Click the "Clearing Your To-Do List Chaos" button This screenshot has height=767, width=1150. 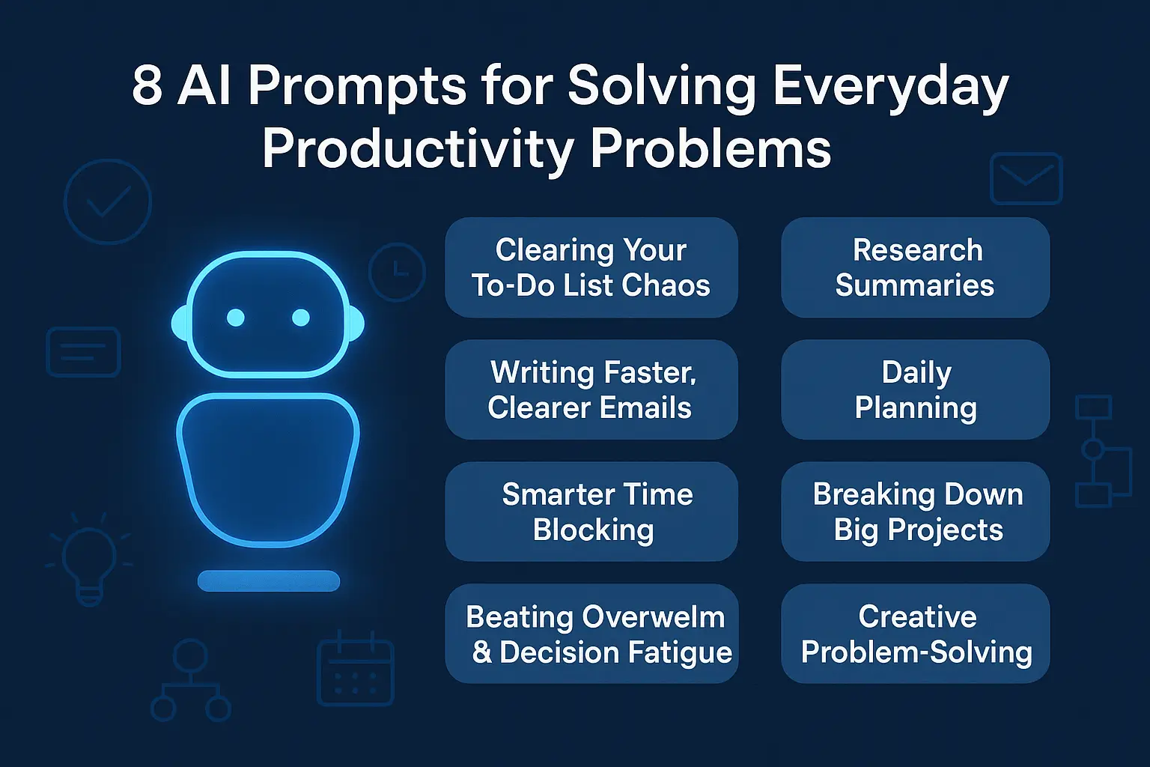(x=591, y=267)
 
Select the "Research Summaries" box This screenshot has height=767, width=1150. (x=915, y=267)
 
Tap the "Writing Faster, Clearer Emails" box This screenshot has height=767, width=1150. (x=591, y=389)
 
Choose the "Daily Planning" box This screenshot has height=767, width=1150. (x=915, y=389)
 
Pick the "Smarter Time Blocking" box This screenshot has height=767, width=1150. (x=591, y=512)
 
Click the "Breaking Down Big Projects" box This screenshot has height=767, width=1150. (x=915, y=512)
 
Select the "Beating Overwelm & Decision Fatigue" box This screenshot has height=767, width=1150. (x=591, y=634)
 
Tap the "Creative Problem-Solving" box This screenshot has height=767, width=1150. (x=915, y=634)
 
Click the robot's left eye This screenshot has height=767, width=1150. (x=236, y=318)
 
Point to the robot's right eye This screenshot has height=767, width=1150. (x=301, y=318)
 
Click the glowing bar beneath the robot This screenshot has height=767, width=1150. (x=268, y=580)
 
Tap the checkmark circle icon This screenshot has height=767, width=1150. (x=108, y=201)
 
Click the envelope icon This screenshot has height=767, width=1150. (x=1026, y=179)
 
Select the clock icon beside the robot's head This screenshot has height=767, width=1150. (x=397, y=272)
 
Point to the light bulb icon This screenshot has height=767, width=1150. (x=89, y=558)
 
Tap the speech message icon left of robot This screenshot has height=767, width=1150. (x=83, y=352)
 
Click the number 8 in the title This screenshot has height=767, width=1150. (x=147, y=85)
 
